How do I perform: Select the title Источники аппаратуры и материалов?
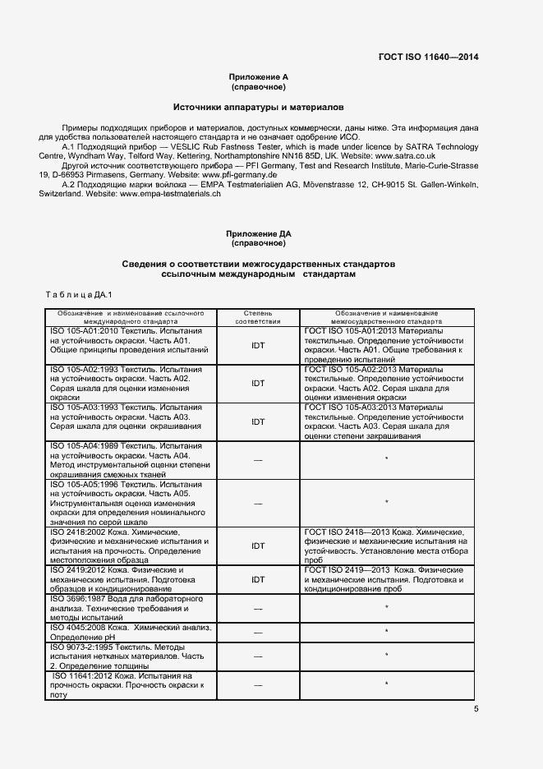click(258, 108)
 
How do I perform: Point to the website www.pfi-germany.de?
click(239, 175)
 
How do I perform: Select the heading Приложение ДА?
click(258, 234)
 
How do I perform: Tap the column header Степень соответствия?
click(258, 318)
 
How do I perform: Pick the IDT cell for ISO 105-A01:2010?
click(258, 346)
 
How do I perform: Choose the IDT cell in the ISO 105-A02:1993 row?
click(258, 384)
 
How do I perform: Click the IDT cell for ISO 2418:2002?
click(258, 545)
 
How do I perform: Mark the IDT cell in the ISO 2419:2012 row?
click(258, 578)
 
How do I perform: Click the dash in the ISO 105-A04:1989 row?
click(258, 460)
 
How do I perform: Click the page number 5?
click(476, 709)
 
